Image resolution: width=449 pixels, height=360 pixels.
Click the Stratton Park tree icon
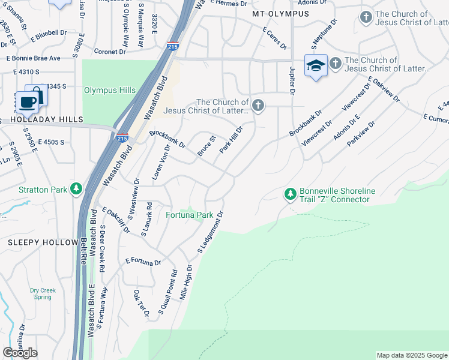point(76,190)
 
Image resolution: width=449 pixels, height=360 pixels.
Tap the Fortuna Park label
point(189,215)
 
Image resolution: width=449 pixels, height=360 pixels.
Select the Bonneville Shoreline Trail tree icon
point(291,194)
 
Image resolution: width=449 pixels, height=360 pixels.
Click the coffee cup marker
point(27,101)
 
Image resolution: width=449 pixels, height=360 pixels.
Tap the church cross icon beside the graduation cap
point(335,62)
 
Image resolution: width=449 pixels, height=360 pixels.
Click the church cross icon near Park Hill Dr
point(258,106)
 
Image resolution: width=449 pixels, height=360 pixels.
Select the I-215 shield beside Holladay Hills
point(122,138)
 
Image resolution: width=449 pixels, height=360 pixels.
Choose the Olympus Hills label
point(109,91)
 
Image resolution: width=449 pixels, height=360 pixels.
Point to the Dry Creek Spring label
point(43,294)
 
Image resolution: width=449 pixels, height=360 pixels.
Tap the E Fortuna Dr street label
point(143,262)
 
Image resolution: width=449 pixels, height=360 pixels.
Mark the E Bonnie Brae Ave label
point(34,58)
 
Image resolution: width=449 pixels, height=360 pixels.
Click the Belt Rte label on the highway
point(83,251)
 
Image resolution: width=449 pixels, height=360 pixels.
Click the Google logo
point(20,353)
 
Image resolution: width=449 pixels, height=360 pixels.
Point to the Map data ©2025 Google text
point(411,355)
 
